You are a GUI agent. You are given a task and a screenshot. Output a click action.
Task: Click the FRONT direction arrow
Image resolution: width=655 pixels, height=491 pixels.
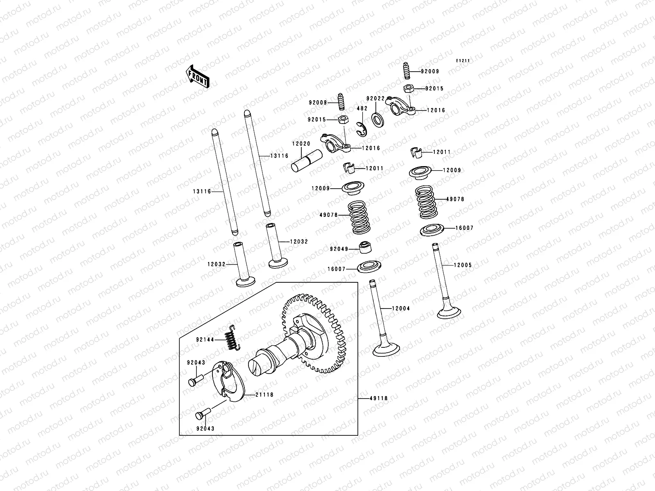[x=198, y=77]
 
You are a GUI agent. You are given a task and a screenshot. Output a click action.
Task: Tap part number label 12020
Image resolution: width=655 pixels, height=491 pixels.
[x=301, y=144]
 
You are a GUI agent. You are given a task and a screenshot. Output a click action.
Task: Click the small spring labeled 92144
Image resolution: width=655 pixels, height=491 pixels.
[x=232, y=339]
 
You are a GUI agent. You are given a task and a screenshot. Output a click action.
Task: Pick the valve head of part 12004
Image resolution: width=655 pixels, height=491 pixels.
[x=386, y=351]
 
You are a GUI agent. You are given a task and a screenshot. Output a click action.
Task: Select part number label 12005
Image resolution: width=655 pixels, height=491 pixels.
[x=463, y=265]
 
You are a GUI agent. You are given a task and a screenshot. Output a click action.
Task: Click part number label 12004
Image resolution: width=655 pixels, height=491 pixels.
[x=400, y=309]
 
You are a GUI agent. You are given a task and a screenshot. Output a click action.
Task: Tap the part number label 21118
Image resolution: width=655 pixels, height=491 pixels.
[x=265, y=395]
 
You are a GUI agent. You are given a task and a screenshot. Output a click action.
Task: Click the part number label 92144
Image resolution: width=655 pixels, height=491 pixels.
[x=205, y=339]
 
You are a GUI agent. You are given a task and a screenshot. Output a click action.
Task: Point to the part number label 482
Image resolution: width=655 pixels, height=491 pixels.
[x=362, y=108]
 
